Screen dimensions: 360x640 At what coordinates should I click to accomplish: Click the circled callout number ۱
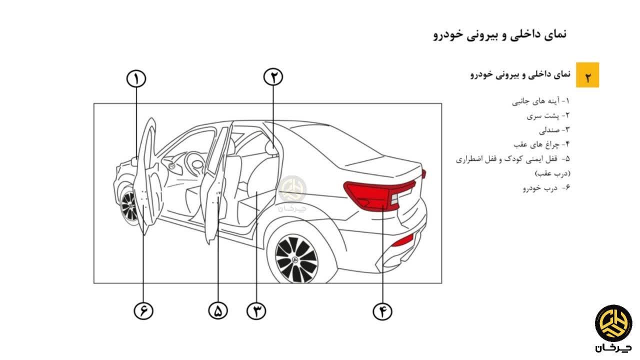pos(135,79)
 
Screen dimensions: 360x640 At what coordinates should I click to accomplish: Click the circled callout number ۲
pos(273,77)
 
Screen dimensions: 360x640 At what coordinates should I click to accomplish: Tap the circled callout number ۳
pos(256,311)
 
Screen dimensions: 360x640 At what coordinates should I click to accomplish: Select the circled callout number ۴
pos(382,311)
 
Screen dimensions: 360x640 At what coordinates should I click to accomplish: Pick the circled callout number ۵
pos(218,311)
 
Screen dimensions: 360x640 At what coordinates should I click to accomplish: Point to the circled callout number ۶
pos(143,311)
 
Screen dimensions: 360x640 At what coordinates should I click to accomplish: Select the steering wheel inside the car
pos(195,162)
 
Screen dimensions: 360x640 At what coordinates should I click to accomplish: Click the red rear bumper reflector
pos(402,240)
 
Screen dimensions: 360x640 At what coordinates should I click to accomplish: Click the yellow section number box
pos(587,75)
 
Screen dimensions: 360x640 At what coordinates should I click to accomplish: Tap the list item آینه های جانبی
pos(540,101)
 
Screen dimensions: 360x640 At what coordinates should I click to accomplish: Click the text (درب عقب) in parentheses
pos(552,173)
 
